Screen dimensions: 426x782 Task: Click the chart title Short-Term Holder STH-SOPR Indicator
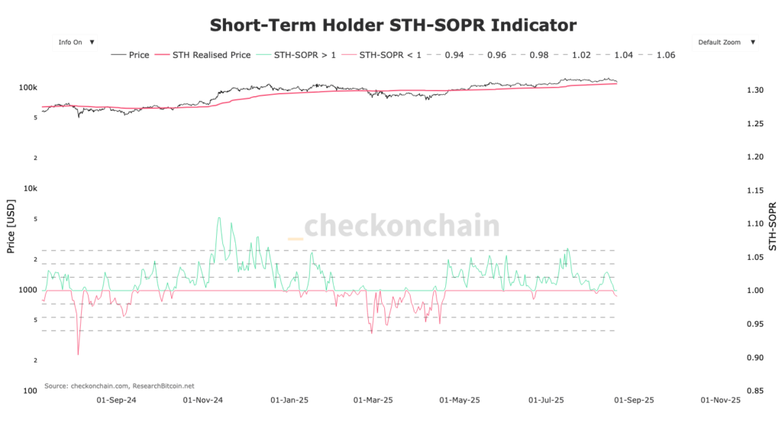point(393,24)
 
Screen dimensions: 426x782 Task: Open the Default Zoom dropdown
point(725,42)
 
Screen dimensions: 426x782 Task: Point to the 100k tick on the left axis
point(28,87)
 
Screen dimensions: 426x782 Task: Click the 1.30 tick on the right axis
point(756,90)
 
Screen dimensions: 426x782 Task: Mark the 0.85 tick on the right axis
point(756,391)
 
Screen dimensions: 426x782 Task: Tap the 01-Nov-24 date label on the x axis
point(204,400)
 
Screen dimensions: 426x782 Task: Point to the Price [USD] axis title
point(11,226)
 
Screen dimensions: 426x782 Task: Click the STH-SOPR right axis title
point(772,226)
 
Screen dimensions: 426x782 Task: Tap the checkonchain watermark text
point(402,226)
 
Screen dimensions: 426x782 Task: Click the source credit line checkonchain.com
point(119,385)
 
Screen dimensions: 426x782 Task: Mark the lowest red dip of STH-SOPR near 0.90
point(78,354)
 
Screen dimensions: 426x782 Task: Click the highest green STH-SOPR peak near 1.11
point(219,218)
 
